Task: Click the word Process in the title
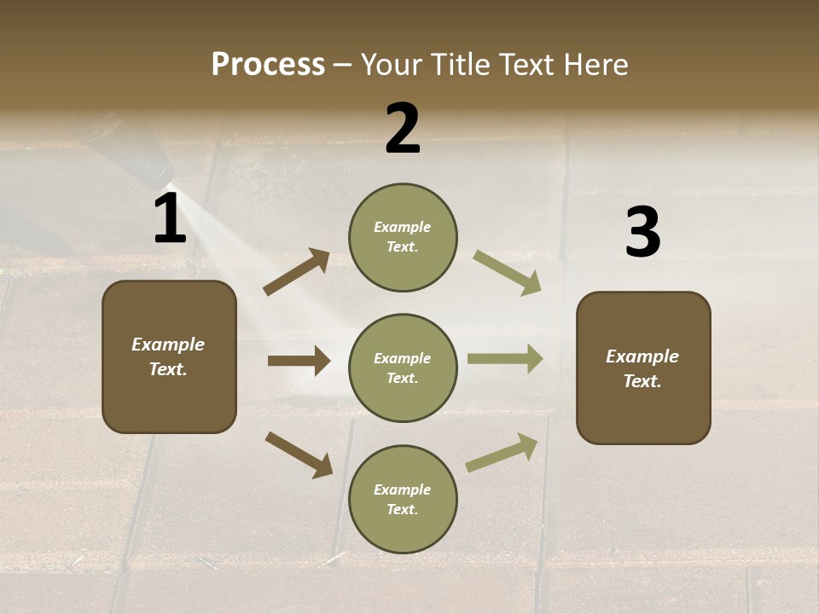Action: tap(268, 65)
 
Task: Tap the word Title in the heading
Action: tap(461, 65)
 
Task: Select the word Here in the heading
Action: tap(595, 65)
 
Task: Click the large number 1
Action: tap(170, 219)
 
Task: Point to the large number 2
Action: tap(403, 129)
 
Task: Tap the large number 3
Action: tap(642, 233)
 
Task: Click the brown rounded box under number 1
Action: tap(169, 356)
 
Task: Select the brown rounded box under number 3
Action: tap(643, 368)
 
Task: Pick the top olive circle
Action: tap(403, 237)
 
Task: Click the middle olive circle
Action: tap(403, 368)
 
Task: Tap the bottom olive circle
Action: tap(403, 499)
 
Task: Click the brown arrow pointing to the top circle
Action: tap(297, 271)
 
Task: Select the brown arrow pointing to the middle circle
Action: tap(299, 361)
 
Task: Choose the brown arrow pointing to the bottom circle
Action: tap(299, 455)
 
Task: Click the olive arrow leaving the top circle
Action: tap(508, 272)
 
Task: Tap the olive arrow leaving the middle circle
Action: tap(505, 358)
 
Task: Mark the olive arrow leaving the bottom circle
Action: tap(502, 453)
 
